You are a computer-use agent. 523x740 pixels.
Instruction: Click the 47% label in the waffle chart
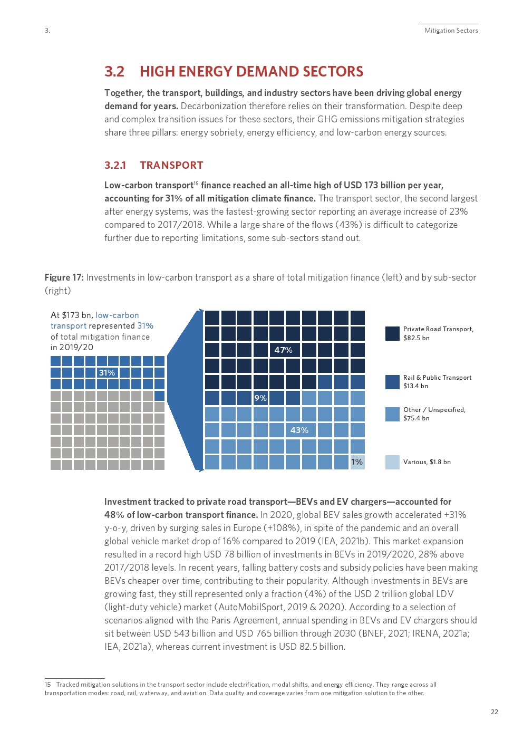(x=283, y=350)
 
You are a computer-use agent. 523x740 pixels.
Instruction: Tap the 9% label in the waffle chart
(x=260, y=398)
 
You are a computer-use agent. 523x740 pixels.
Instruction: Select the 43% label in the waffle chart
(x=299, y=430)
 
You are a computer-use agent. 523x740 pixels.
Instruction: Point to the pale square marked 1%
(x=357, y=462)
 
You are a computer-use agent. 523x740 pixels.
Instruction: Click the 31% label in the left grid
(x=107, y=373)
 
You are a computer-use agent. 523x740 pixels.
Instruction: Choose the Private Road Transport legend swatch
(x=392, y=333)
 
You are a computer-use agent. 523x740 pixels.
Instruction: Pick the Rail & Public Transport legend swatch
(x=392, y=382)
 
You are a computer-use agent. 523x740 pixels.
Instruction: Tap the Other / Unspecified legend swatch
(x=392, y=414)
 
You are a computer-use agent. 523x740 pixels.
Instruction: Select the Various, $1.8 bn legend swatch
(x=392, y=462)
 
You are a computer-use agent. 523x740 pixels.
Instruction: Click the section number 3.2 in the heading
(x=114, y=72)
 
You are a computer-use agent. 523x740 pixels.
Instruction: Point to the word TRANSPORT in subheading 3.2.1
(x=171, y=166)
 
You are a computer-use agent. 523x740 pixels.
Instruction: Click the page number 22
(x=494, y=712)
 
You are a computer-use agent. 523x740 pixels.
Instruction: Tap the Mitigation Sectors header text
(x=451, y=31)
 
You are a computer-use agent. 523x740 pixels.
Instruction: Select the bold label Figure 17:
(x=64, y=277)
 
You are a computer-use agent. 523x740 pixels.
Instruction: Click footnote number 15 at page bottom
(x=47, y=685)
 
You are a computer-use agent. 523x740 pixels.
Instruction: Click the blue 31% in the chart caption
(x=145, y=326)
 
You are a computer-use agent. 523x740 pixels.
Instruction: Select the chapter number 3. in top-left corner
(x=47, y=31)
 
